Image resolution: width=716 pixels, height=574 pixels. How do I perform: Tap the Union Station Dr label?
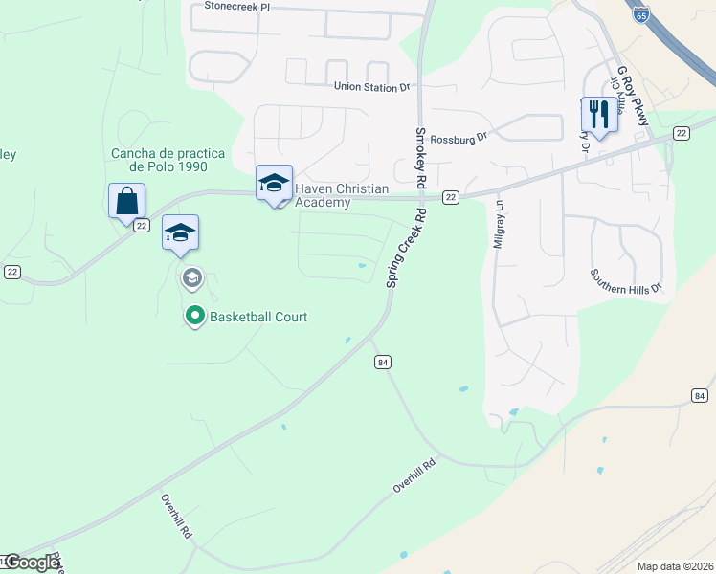[371, 87]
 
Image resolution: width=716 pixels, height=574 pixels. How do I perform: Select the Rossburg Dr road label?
[459, 136]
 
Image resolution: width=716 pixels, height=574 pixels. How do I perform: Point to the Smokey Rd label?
[419, 157]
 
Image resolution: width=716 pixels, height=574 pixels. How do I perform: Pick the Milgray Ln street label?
[498, 225]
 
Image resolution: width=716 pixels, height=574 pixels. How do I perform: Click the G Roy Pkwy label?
[634, 96]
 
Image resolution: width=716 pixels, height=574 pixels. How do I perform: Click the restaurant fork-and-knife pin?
[598, 115]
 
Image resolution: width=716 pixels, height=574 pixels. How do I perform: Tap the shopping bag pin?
[126, 202]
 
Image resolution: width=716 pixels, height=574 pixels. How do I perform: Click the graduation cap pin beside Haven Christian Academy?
[274, 184]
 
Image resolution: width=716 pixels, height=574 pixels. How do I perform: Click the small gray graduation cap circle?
[191, 278]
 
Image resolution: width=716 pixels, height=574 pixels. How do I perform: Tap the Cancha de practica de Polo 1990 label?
[168, 160]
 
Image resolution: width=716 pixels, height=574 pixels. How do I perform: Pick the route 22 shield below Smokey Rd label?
[451, 197]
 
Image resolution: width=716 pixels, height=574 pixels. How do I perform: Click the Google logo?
[32, 563]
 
